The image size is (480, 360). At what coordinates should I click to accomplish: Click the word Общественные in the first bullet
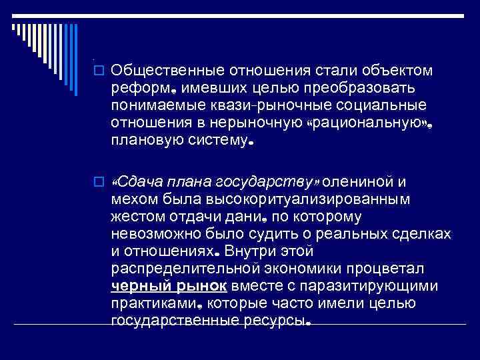[169, 71]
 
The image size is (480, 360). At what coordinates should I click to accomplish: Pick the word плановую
[141, 142]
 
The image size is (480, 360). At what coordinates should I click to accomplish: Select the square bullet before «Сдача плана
[100, 182]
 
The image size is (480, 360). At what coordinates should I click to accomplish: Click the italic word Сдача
[137, 182]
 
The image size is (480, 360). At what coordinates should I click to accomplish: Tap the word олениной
[361, 182]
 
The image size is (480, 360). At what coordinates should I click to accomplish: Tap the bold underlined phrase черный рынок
[170, 287]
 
